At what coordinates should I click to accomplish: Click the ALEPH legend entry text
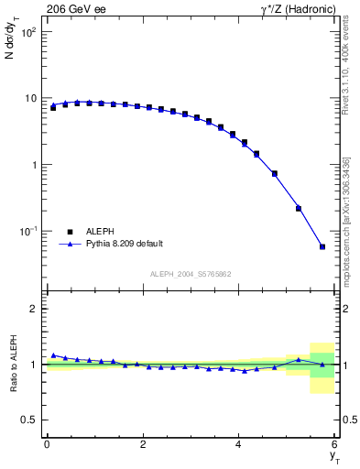coord(100,232)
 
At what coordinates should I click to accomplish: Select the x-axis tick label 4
coord(238,444)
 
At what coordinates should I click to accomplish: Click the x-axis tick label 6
coord(334,444)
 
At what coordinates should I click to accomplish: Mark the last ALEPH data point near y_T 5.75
coord(322,246)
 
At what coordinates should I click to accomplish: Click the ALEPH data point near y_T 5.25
coord(299,208)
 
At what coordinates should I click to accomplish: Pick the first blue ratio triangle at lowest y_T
coord(53,355)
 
